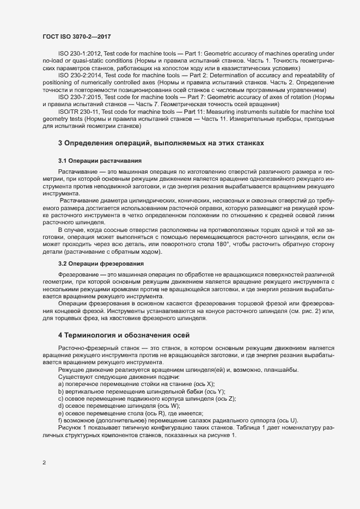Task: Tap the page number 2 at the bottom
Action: (44, 463)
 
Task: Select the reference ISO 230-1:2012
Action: (76, 54)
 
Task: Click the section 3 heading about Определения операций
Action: (161, 143)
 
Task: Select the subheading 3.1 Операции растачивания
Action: (100, 161)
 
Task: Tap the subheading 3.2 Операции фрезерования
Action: (101, 262)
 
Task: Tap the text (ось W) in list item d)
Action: (168, 406)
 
